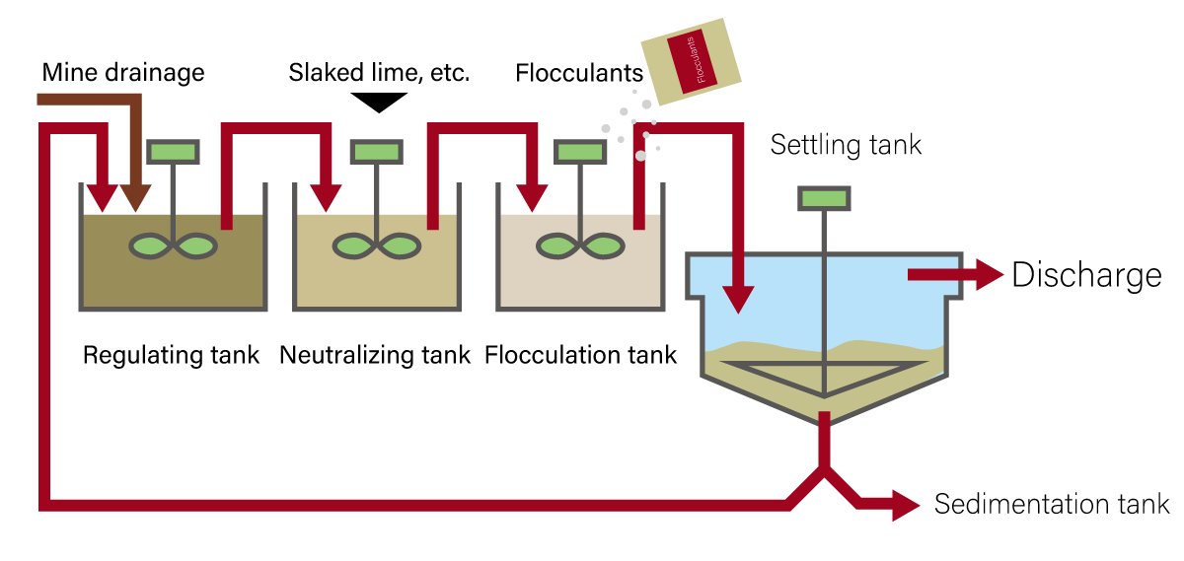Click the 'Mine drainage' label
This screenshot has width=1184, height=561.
[x=123, y=72]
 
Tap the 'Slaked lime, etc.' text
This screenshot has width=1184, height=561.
[x=379, y=72]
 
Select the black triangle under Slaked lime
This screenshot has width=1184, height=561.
[x=379, y=102]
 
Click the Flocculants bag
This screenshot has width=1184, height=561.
[x=691, y=61]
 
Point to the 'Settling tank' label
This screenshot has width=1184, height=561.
[x=846, y=145]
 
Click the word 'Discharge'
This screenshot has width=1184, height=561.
[x=1086, y=275]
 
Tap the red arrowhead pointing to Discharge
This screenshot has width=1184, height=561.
[x=988, y=275]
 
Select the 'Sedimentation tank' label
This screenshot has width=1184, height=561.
[x=1051, y=504]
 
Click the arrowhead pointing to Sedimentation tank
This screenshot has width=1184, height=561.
[x=905, y=504]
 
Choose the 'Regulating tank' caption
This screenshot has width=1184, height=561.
[x=171, y=355]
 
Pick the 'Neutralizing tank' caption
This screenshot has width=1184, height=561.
[x=375, y=355]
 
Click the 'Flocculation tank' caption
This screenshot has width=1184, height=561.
[x=581, y=355]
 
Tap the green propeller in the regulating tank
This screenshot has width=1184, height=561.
[x=174, y=245]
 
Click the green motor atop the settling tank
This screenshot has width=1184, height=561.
[x=824, y=198]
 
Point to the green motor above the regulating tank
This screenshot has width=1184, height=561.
[x=174, y=152]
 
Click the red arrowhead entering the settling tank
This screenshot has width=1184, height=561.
[x=737, y=300]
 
